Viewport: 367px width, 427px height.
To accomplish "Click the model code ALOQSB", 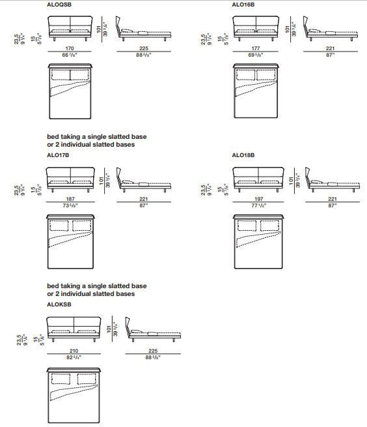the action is pos(59,5).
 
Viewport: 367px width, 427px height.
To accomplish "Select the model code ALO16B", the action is pos(243,5).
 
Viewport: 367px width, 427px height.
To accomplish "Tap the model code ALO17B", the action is pos(58,155).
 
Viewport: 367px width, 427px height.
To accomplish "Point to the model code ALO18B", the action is pos(243,155).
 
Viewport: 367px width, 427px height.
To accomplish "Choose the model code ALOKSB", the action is pos(59,304).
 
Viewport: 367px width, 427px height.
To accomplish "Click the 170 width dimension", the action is pos(70,48).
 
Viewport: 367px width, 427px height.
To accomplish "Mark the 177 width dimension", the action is pos(256,48).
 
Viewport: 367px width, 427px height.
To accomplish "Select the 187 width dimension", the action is pos(70,199).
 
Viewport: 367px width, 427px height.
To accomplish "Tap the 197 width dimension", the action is pos(258,199).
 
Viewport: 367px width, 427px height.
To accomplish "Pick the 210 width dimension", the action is pos(74,351).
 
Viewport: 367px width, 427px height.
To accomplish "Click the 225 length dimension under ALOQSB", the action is pos(144,48).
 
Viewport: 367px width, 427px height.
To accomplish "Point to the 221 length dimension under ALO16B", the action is pos(330,48).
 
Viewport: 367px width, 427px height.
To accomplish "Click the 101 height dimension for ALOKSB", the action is pos(109,329).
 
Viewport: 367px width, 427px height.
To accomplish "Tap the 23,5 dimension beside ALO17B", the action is pos(16,190).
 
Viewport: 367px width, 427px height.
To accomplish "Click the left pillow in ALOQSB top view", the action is pos(61,75).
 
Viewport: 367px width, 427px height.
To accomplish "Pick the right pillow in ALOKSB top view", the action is pos(87,379).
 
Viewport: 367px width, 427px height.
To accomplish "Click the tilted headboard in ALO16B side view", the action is pos(306,26).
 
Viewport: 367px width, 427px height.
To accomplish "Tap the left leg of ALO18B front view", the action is pos(239,190).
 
